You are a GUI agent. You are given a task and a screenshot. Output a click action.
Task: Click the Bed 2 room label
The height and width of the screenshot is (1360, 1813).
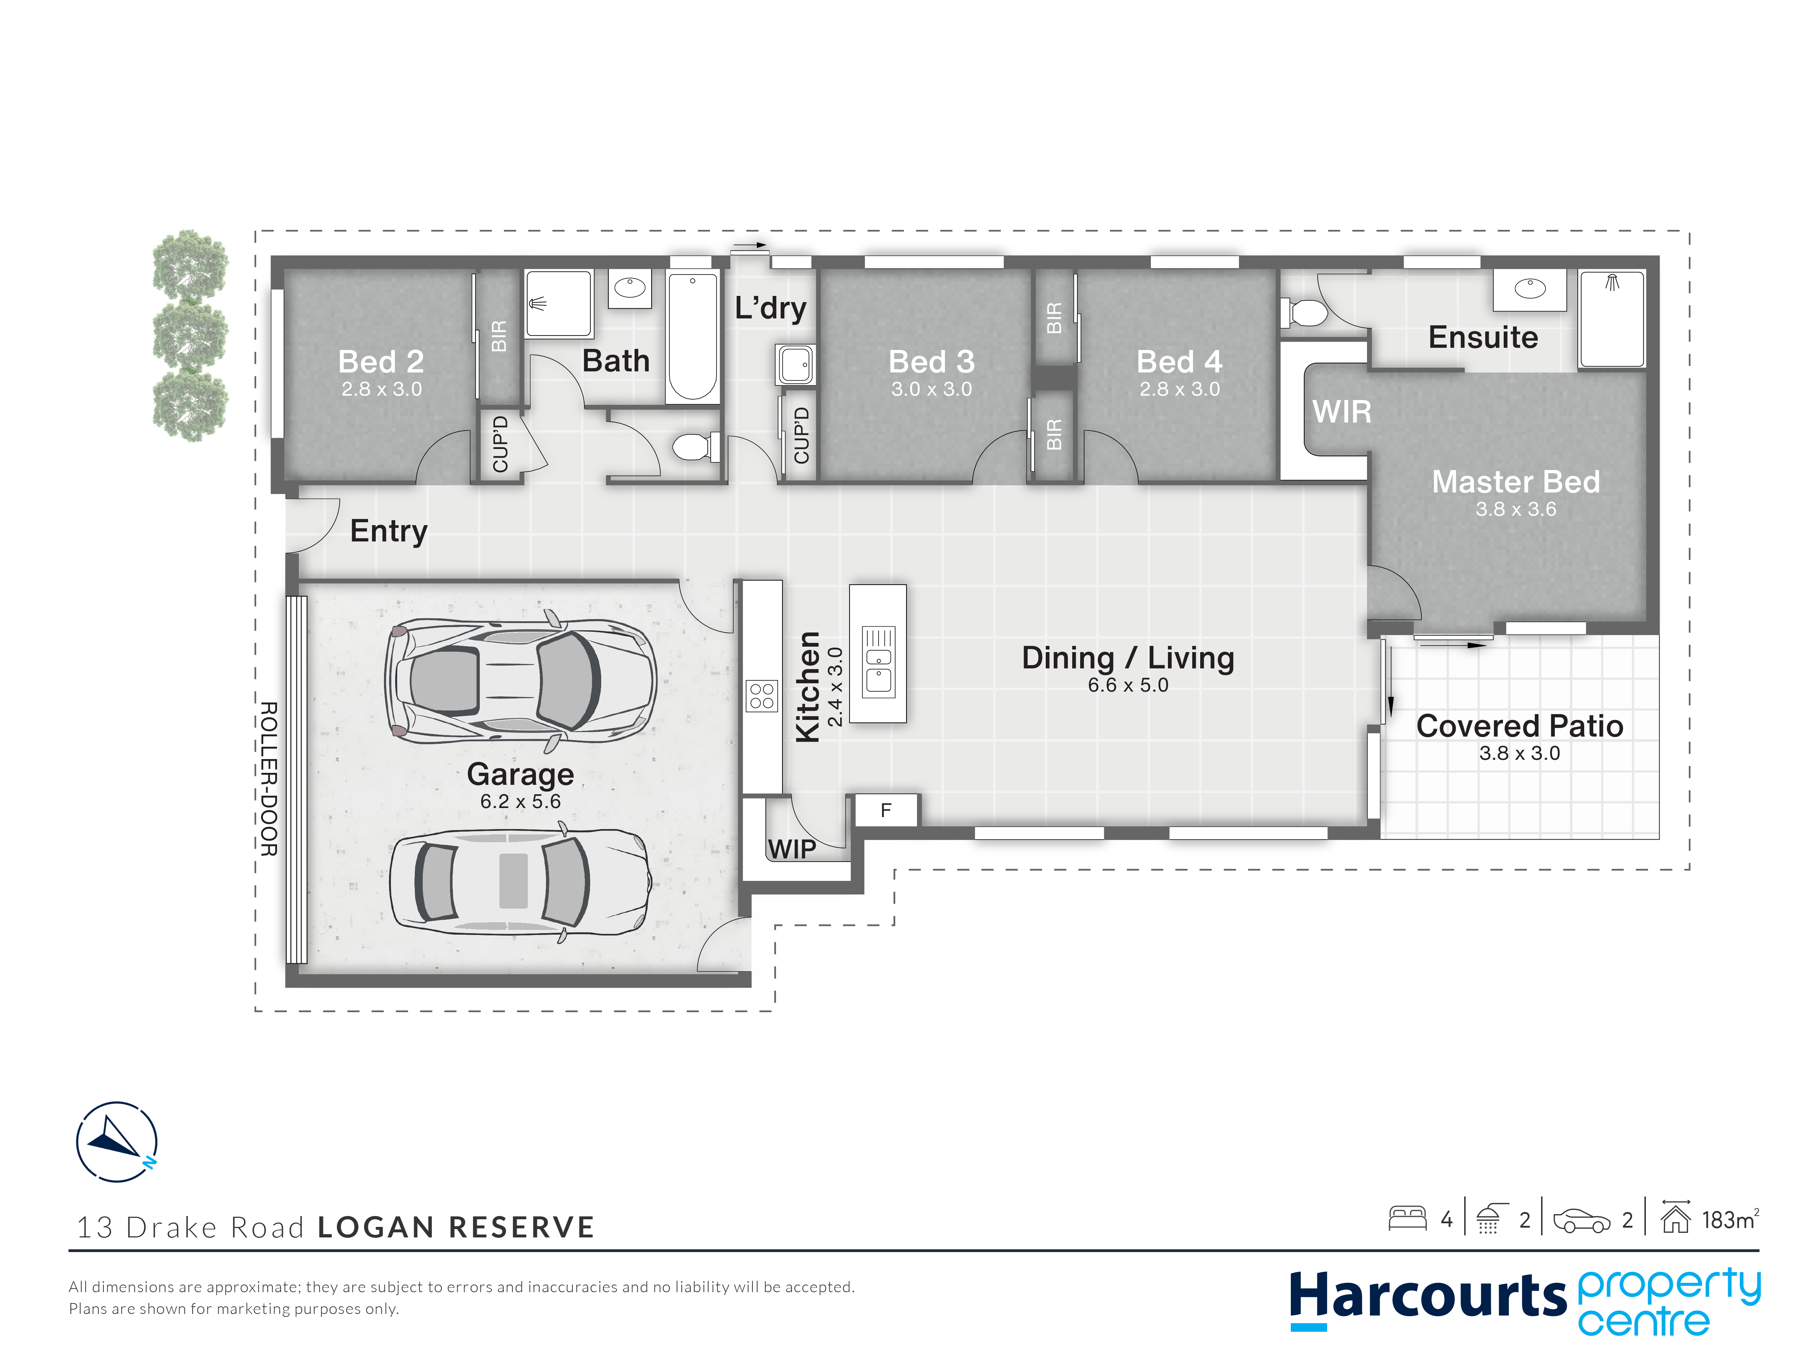pos(381,362)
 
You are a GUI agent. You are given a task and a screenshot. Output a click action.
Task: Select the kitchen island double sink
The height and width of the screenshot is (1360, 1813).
pos(879,661)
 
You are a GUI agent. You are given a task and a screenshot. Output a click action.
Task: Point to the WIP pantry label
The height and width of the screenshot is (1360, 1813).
pos(792,849)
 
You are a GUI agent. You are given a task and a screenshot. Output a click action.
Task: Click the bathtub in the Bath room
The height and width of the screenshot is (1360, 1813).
pos(693,336)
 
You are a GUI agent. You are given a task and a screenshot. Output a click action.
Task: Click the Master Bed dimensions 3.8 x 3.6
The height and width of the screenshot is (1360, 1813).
pos(1515,509)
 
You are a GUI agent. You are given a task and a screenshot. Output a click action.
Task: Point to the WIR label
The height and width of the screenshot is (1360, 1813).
pos(1342,412)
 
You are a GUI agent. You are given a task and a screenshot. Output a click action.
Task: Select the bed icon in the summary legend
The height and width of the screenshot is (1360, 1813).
pos(1407,1218)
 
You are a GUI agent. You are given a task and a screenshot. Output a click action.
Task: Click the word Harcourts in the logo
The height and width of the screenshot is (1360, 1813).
pos(1428,1297)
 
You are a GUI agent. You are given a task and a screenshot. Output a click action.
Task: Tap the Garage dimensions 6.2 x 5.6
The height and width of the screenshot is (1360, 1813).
pos(520,801)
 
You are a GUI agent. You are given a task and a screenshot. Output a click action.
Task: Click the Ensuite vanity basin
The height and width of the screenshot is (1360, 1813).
pos(1529,289)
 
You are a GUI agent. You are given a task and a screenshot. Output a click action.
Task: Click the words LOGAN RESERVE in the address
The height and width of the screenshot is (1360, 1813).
pos(456,1227)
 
